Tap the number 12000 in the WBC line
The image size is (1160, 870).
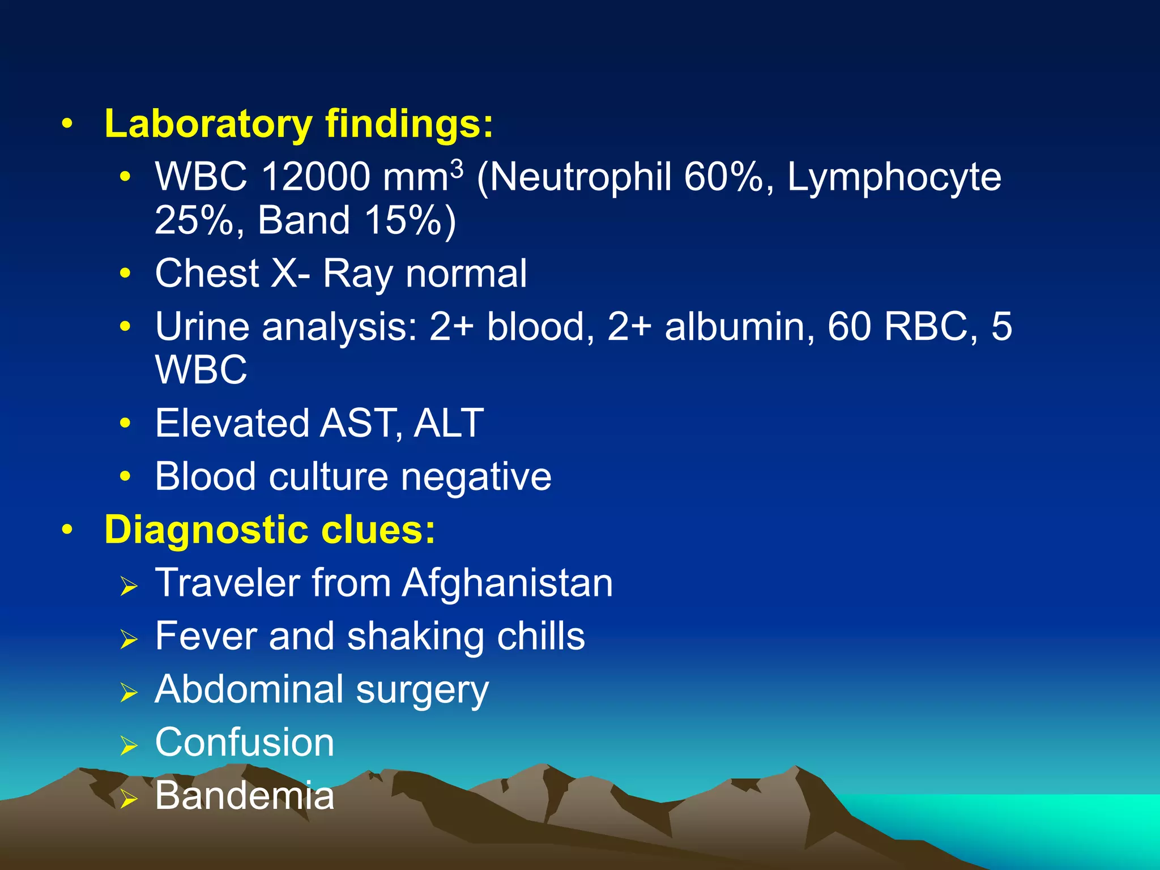[x=315, y=177]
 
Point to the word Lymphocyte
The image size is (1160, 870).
[x=894, y=177]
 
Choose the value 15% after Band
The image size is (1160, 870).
[x=403, y=220]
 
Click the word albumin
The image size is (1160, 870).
[x=739, y=327]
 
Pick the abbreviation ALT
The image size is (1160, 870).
[x=449, y=423]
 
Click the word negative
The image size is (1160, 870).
[x=476, y=477]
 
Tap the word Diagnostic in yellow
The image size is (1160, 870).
[x=206, y=530]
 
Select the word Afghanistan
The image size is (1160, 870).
[x=507, y=583]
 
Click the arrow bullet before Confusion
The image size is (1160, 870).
[x=129, y=746]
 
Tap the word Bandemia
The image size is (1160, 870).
[x=245, y=796]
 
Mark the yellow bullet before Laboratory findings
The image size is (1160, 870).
[x=67, y=125]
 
